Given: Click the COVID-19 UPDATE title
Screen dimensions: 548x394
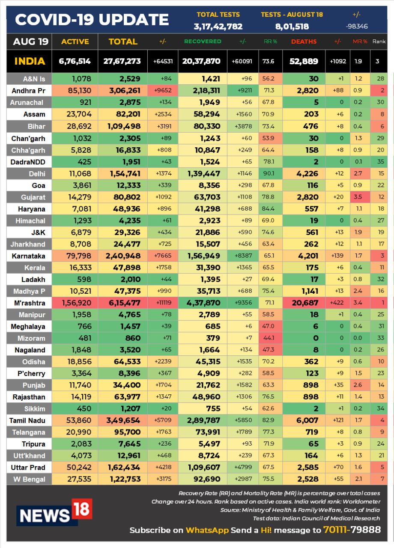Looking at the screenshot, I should coord(92,20).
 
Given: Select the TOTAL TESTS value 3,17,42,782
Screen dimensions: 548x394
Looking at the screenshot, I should coord(218,27).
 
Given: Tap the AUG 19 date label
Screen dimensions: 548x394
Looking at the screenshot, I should coord(31,42).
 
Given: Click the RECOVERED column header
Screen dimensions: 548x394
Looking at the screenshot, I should coord(203,42).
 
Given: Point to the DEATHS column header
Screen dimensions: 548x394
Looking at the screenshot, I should coord(304,42).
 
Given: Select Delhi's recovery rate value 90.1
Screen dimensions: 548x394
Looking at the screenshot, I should coord(269,173).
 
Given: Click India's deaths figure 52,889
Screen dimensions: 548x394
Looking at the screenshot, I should coord(304,61).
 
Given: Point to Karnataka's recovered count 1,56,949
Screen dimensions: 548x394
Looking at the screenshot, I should coord(203,256).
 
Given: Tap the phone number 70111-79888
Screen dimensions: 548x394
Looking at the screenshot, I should coord(352,530).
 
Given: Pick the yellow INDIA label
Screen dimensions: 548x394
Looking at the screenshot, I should coord(30,61).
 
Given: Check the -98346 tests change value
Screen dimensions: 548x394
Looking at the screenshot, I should coord(357,27).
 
